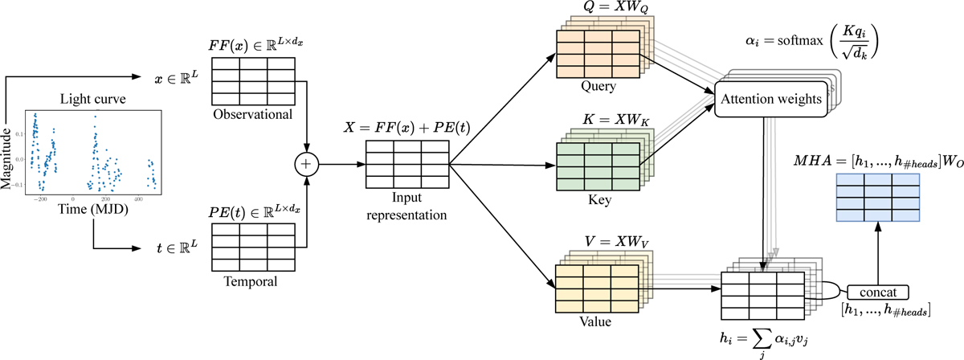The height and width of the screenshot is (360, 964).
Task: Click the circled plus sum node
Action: [x=306, y=162]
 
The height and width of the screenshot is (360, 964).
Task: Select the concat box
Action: [x=878, y=290]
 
